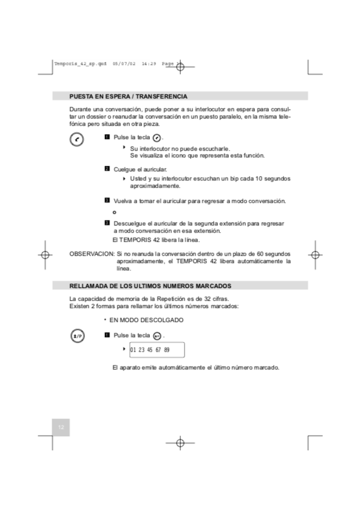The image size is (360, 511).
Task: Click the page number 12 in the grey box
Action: click(x=61, y=428)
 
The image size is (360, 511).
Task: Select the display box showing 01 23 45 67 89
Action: click(x=154, y=350)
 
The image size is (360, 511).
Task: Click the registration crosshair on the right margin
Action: click(x=315, y=255)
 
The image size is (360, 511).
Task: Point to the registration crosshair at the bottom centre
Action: click(x=180, y=442)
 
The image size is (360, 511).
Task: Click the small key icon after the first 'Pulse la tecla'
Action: click(x=157, y=139)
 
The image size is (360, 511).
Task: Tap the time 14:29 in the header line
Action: click(x=149, y=63)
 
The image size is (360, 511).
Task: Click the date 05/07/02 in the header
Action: click(x=124, y=63)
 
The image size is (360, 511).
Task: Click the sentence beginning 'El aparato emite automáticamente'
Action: click(x=195, y=368)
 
